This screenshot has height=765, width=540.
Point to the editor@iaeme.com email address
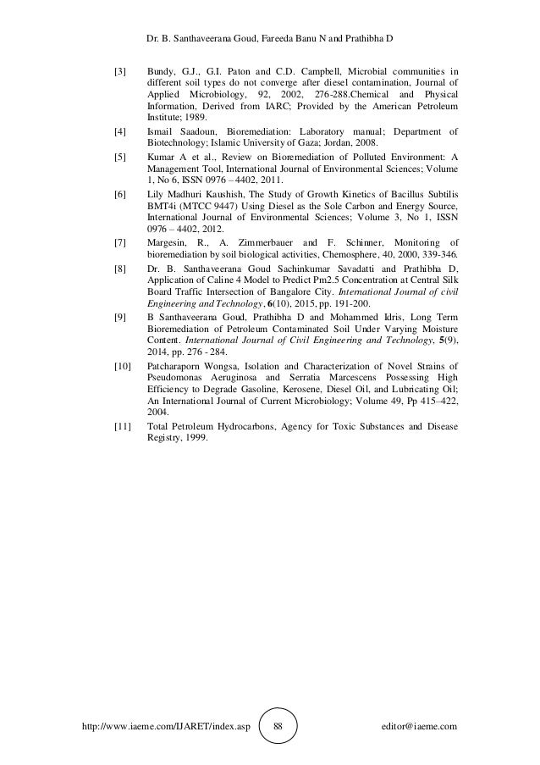420,727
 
